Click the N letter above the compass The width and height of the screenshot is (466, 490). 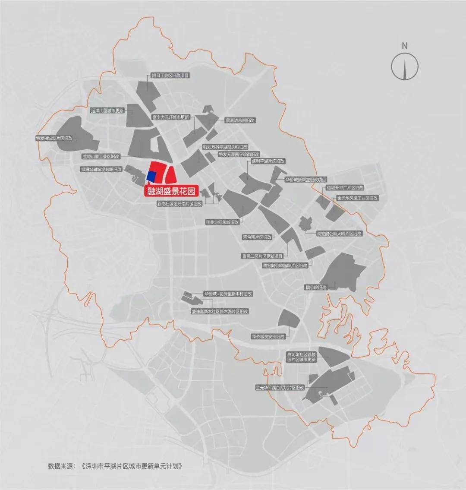click(404, 45)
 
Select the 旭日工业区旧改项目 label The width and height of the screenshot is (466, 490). click(170, 75)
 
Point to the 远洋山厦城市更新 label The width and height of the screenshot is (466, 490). click(107, 111)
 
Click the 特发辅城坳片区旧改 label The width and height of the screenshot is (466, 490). click(54, 138)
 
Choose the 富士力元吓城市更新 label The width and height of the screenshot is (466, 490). click(170, 117)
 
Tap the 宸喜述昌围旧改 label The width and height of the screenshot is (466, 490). click(240, 120)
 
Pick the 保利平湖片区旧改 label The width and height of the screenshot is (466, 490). click(268, 161)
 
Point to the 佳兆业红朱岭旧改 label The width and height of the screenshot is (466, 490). click(222, 222)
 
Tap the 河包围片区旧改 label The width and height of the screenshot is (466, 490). click(257, 237)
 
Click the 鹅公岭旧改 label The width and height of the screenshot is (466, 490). click(316, 287)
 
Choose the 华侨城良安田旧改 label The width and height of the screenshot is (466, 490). click(268, 336)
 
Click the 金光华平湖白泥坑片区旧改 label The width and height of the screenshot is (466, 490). click(280, 388)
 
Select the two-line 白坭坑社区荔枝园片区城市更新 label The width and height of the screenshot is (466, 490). click(302, 357)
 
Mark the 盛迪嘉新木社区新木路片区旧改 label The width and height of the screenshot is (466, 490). click(220, 311)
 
